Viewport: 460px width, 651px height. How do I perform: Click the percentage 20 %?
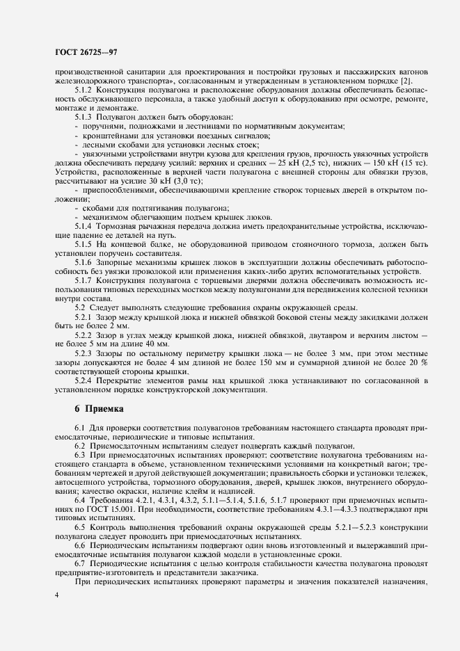tap(418, 362)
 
